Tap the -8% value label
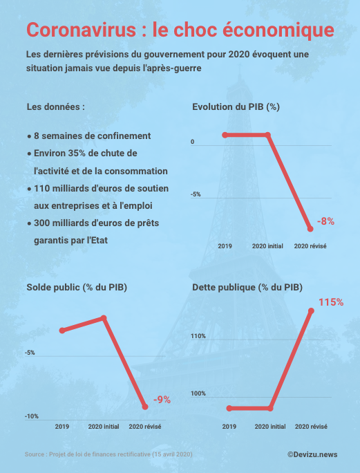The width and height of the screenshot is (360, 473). [325, 221]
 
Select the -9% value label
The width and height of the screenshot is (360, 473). [162, 399]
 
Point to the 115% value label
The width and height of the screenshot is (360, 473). [331, 302]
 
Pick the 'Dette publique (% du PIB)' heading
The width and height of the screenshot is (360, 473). [247, 286]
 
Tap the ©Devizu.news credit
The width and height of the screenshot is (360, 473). [312, 454]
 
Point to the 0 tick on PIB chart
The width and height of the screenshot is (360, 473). [193, 143]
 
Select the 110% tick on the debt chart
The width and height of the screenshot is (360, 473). [199, 337]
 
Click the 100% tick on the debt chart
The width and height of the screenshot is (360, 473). [199, 394]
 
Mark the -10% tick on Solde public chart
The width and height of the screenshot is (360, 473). [32, 416]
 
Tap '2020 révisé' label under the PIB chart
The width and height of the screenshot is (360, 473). [311, 246]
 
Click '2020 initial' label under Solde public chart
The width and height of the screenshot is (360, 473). [104, 427]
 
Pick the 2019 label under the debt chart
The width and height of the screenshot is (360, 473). [229, 427]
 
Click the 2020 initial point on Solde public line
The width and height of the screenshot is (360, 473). [104, 318]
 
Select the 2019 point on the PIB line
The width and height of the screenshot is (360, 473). [225, 135]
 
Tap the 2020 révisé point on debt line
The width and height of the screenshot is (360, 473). [312, 311]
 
